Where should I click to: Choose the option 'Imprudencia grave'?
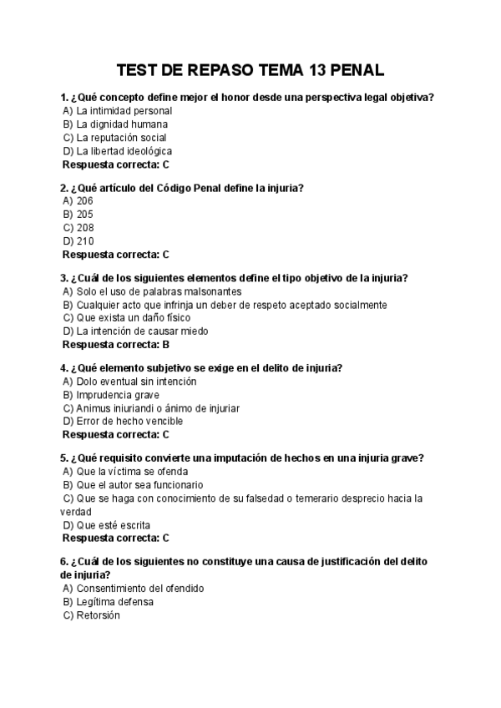coord(117,395)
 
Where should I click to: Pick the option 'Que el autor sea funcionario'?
coord(139,485)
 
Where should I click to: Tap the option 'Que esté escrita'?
coord(113,525)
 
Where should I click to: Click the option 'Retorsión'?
coord(98,615)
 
